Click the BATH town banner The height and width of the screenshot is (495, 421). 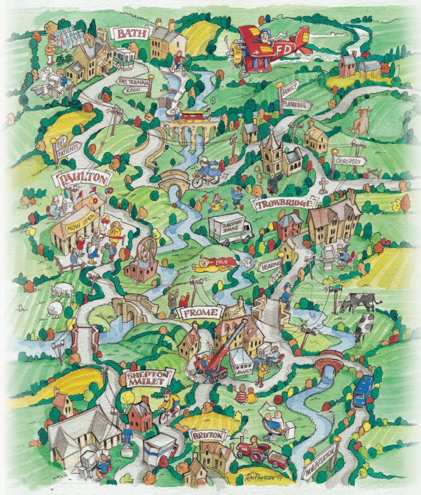tap(126, 33)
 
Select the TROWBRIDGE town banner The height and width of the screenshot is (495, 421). tap(285, 203)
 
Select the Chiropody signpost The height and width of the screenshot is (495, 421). tap(349, 161)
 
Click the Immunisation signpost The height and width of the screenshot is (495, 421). tap(320, 461)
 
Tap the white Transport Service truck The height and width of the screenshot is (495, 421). tap(230, 228)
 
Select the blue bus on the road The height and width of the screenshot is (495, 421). tap(363, 391)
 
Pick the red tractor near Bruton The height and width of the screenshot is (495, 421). tap(253, 451)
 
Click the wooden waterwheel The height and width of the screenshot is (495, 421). tap(147, 250)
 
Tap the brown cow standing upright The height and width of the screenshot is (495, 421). tap(361, 122)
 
